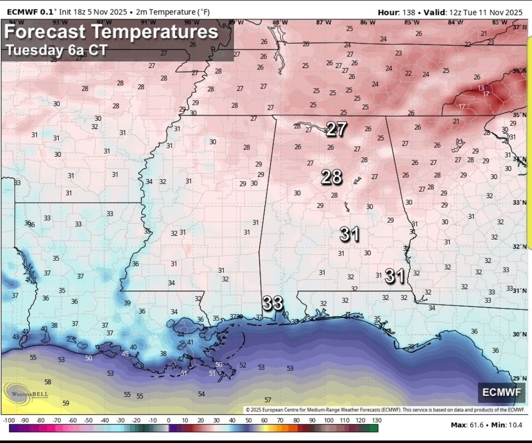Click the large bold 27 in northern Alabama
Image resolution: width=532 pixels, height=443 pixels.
click(336, 129)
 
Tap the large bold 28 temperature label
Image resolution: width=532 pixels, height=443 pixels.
click(331, 177)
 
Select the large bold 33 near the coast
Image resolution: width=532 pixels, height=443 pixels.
click(273, 304)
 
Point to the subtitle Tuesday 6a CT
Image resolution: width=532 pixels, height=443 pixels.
click(57, 50)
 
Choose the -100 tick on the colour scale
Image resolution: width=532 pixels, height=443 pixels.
click(9, 420)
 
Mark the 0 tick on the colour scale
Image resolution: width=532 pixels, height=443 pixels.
click(169, 420)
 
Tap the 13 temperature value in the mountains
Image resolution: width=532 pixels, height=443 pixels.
click(481, 88)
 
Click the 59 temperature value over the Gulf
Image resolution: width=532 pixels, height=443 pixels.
click(65, 403)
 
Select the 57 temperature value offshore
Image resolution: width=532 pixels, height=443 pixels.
click(268, 400)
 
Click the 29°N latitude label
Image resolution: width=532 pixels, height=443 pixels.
click(516, 378)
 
